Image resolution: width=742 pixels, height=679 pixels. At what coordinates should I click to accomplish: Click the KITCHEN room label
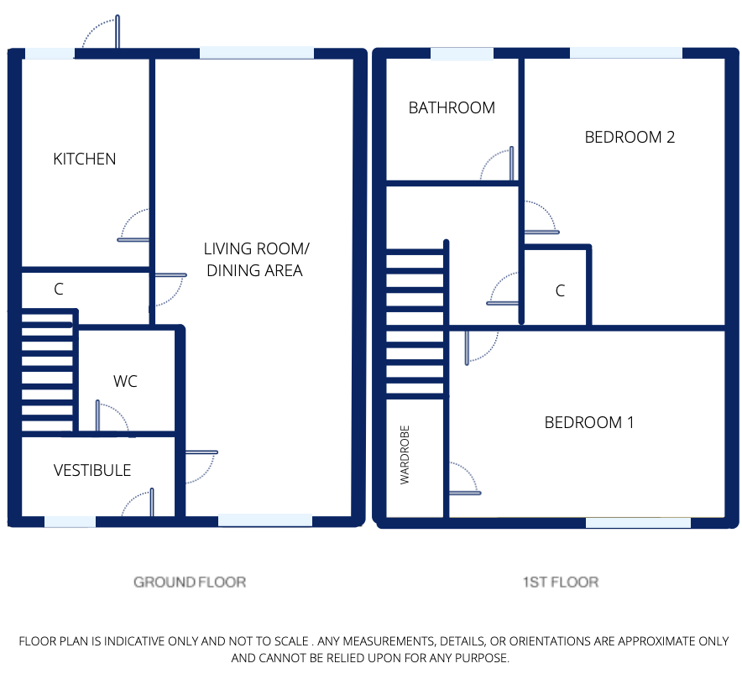click(x=84, y=159)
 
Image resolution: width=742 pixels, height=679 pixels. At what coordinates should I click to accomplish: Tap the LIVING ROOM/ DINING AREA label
click(x=255, y=260)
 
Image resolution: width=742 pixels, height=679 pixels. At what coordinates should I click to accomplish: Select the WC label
click(x=125, y=381)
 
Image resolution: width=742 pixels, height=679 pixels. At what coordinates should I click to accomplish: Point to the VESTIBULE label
click(x=92, y=470)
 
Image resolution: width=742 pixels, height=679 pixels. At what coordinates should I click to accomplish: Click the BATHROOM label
click(x=452, y=107)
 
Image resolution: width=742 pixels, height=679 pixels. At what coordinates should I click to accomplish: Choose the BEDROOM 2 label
click(x=630, y=137)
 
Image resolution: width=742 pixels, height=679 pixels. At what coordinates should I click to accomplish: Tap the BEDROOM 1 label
click(x=589, y=422)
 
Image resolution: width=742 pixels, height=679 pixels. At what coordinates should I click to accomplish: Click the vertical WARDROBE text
click(x=405, y=458)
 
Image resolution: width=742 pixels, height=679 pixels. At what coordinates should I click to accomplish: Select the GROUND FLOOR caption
click(x=190, y=582)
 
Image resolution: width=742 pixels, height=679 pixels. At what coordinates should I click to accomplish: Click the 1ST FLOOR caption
click(x=562, y=582)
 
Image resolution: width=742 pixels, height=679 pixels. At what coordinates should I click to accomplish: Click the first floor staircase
click(x=415, y=323)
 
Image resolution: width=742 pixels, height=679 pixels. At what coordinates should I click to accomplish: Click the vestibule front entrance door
click(x=138, y=504)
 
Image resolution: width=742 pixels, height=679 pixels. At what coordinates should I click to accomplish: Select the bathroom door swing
click(x=498, y=165)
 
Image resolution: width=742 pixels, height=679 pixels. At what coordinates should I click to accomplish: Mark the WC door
click(x=112, y=417)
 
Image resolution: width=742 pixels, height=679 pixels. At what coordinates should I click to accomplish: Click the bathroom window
click(x=462, y=55)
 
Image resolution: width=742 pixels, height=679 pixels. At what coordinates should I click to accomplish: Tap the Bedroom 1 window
click(x=638, y=522)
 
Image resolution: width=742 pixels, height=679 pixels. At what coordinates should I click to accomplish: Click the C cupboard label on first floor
click(x=560, y=291)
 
